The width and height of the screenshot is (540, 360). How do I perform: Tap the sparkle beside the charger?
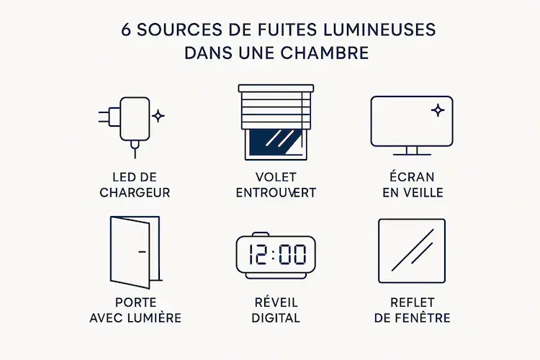pyautogui.click(x=158, y=115)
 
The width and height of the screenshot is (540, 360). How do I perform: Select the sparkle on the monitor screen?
pyautogui.click(x=438, y=110)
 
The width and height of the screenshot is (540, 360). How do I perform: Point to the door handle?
pyautogui.click(x=140, y=251)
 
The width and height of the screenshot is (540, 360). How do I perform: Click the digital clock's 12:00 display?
pyautogui.click(x=276, y=253)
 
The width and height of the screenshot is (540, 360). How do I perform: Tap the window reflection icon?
pyautogui.click(x=412, y=251)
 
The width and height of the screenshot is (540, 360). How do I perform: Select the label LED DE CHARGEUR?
pyautogui.click(x=135, y=186)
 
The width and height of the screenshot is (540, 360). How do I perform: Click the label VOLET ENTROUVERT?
pyautogui.click(x=276, y=186)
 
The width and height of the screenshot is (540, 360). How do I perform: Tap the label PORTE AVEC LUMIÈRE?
pyautogui.click(x=135, y=310)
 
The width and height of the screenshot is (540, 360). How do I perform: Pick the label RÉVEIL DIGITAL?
pyautogui.click(x=276, y=310)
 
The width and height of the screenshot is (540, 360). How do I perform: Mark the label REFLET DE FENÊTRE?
pyautogui.click(x=413, y=310)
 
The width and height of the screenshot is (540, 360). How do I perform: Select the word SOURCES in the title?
pyautogui.click(x=169, y=30)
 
